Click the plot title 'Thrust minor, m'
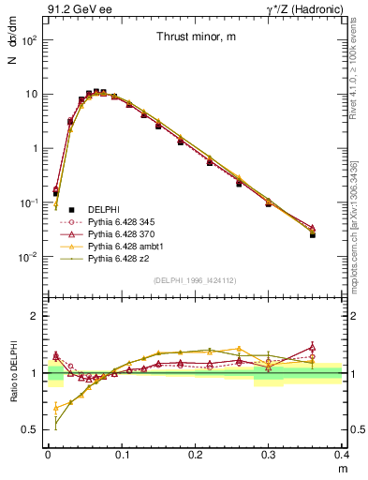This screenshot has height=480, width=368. tap(196, 37)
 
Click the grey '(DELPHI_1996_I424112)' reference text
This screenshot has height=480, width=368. tap(196, 278)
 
